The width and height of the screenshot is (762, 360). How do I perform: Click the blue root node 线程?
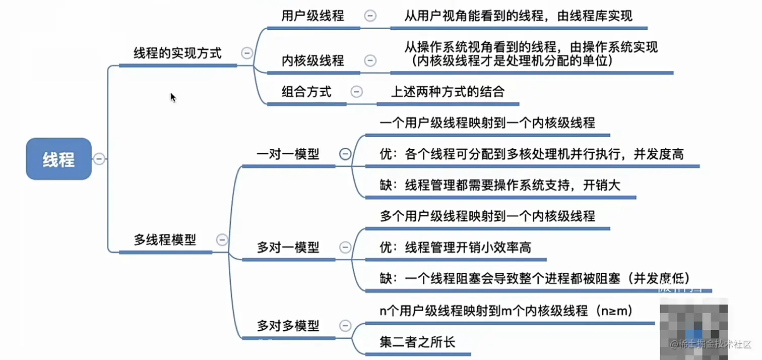coord(58,159)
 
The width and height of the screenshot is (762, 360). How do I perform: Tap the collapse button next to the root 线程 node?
coord(99,159)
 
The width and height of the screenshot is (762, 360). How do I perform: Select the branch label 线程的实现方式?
coord(177,53)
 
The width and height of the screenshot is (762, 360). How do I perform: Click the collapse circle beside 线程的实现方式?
coord(247,53)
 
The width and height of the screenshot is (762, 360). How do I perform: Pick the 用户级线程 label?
coord(312,16)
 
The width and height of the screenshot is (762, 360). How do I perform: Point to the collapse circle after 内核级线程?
coord(370,61)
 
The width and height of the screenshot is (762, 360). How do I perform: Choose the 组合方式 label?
coord(306,92)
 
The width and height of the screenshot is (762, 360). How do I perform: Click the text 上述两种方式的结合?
coord(448,92)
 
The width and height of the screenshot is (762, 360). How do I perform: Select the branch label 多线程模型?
coord(165,240)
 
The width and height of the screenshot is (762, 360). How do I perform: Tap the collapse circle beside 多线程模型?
coord(222,240)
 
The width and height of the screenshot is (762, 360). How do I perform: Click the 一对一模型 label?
coord(288,154)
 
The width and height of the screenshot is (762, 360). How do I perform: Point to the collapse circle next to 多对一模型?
coord(345,247)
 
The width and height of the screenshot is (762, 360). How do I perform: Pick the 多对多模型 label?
coord(288,326)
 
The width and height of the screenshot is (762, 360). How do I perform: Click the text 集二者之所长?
coord(417,342)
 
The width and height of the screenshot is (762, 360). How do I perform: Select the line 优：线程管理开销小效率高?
coord(455,248)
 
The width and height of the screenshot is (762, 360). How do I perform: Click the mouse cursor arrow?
coord(173,97)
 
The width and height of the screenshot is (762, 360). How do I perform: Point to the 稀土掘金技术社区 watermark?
coord(710,344)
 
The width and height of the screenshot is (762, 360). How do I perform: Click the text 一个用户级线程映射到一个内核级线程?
coord(487,123)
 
